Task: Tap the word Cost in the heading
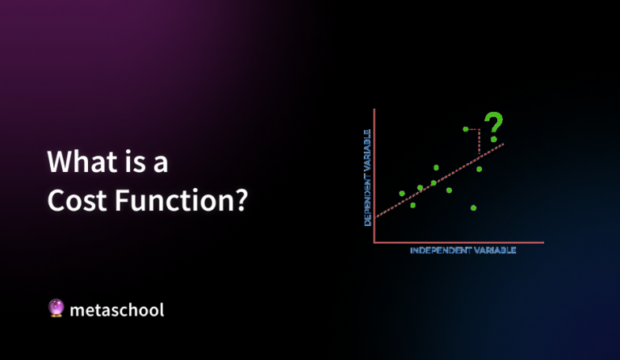(x=78, y=199)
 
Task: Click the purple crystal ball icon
(x=56, y=308)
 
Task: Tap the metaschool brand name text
(x=117, y=309)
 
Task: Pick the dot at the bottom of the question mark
(x=493, y=140)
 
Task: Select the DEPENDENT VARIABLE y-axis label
(x=367, y=176)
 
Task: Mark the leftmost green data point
(x=402, y=194)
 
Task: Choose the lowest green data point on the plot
(x=473, y=207)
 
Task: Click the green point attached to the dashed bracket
(x=465, y=129)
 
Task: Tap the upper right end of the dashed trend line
(x=504, y=144)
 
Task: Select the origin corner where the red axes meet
(x=375, y=241)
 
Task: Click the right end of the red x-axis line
(x=543, y=241)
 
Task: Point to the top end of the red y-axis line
(x=375, y=110)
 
